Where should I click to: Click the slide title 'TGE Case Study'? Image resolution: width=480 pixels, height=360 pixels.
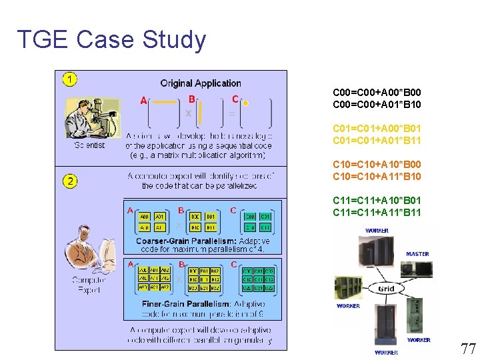[x=111, y=40]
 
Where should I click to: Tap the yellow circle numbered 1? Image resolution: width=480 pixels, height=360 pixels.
[x=70, y=80]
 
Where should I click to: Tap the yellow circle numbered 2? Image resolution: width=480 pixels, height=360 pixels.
[x=70, y=181]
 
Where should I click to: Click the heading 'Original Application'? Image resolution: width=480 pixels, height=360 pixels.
[x=200, y=83]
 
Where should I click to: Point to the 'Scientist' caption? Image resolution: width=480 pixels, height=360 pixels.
[x=89, y=145]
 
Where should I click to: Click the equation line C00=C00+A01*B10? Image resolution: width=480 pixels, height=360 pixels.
[x=377, y=105]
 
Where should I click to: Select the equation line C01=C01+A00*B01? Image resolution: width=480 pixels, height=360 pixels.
[x=377, y=128]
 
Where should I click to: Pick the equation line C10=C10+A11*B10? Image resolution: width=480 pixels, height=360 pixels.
[x=377, y=177]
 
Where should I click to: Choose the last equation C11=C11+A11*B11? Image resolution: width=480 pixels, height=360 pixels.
[x=377, y=213]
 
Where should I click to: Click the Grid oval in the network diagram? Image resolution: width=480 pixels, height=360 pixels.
[x=386, y=289]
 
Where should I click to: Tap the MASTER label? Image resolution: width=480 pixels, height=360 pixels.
[x=417, y=254]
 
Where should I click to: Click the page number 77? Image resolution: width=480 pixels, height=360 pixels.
[x=468, y=347]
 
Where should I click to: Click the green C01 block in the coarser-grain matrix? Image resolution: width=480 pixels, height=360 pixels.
[x=265, y=217]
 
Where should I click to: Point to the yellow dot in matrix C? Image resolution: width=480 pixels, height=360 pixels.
[x=245, y=104]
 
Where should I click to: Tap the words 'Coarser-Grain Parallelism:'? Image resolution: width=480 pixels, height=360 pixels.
[x=176, y=241]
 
